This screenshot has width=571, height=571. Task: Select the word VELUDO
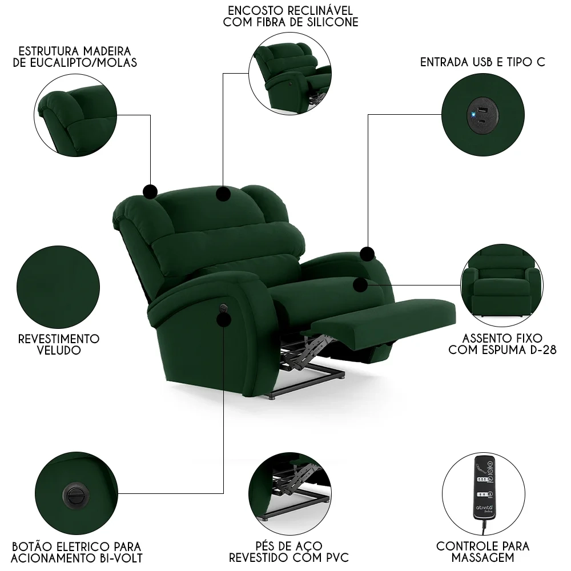pos(58,351)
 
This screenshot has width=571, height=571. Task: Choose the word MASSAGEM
pos(482,557)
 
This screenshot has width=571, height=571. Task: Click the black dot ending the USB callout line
pos(367,254)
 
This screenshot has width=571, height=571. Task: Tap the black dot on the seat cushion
pos(360,284)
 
